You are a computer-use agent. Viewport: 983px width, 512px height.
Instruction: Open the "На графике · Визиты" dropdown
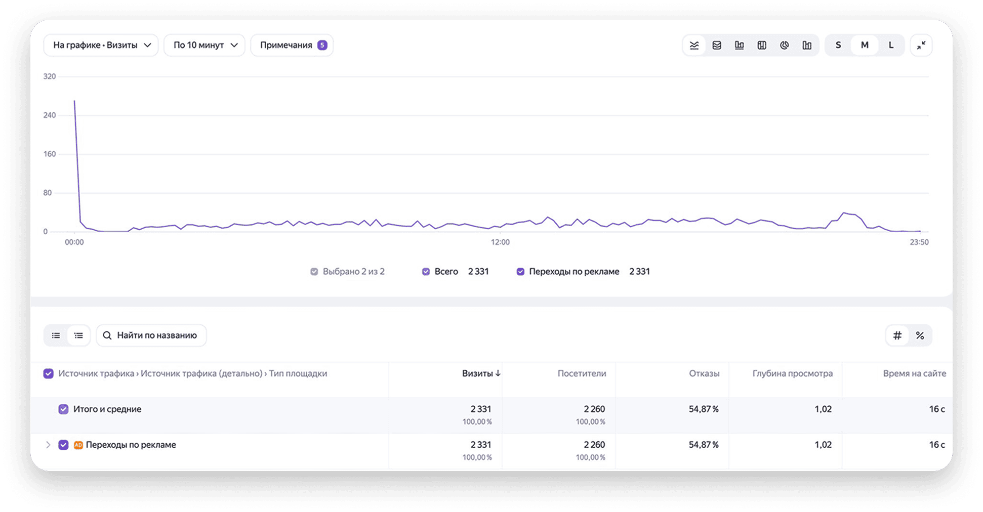coord(101,45)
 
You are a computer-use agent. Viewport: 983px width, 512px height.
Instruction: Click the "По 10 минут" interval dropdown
coord(204,45)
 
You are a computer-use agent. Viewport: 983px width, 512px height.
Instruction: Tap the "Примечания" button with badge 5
coord(292,45)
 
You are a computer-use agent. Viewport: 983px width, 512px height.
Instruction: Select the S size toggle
coord(838,45)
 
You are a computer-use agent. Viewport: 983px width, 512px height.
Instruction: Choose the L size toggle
coord(891,45)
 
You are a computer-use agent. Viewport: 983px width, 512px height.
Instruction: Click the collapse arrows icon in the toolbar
coord(921,45)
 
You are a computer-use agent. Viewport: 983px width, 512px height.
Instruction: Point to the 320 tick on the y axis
coord(50,76)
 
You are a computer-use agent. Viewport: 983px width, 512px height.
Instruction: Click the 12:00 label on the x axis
coord(500,242)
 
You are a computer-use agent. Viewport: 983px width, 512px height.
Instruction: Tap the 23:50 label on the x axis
coord(919,242)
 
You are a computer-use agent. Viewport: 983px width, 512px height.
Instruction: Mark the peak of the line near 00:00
coord(74,101)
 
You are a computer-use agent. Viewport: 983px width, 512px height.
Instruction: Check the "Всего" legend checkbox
coord(426,272)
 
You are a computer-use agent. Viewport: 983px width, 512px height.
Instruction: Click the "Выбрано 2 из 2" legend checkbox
coord(314,272)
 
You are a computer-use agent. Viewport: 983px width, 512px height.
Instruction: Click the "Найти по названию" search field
coord(151,335)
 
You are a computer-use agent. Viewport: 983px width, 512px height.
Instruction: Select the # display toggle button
coord(897,335)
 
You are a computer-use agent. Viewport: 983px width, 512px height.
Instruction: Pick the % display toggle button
coord(920,335)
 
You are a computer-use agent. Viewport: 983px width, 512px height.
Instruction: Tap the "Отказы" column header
coord(704,373)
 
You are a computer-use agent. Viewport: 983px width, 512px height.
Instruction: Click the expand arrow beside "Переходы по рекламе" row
coord(48,445)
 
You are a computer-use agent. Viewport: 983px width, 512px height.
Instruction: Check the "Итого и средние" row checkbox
coord(63,409)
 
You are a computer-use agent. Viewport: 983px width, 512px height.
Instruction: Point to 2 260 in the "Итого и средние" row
coord(594,409)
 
